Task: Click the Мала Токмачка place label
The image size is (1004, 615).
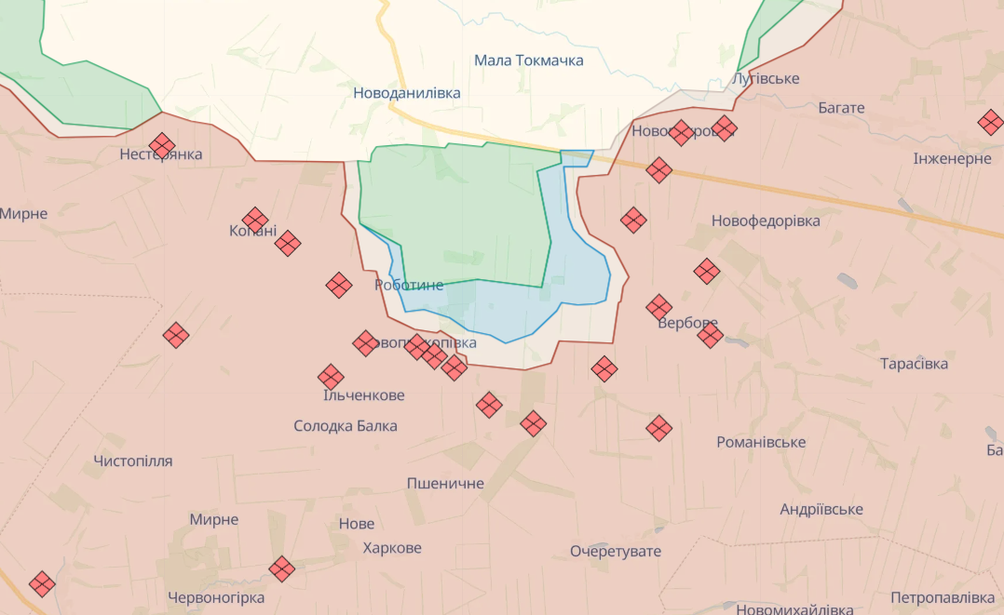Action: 528,60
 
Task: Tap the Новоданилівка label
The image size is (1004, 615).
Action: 406,93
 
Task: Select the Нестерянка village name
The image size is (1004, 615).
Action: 161,154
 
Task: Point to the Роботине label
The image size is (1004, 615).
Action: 409,286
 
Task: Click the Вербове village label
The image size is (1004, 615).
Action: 687,324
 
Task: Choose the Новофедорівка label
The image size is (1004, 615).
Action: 766,221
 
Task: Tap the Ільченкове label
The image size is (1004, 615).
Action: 363,395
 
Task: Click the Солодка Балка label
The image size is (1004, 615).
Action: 345,426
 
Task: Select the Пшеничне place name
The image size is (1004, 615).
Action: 445,484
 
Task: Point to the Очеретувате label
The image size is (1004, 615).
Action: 616,551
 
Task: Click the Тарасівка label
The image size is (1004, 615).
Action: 914,364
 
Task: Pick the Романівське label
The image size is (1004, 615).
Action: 761,442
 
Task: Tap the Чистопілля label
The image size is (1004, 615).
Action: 133,461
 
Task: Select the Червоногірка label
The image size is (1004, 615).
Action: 216,597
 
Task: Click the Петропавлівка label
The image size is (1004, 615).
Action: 943,596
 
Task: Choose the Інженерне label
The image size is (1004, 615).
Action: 953,159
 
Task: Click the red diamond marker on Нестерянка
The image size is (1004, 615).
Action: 162,145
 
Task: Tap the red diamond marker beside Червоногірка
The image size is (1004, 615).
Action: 282,568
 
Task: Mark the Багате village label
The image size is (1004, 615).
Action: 841,108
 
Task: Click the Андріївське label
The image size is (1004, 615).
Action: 821,509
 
